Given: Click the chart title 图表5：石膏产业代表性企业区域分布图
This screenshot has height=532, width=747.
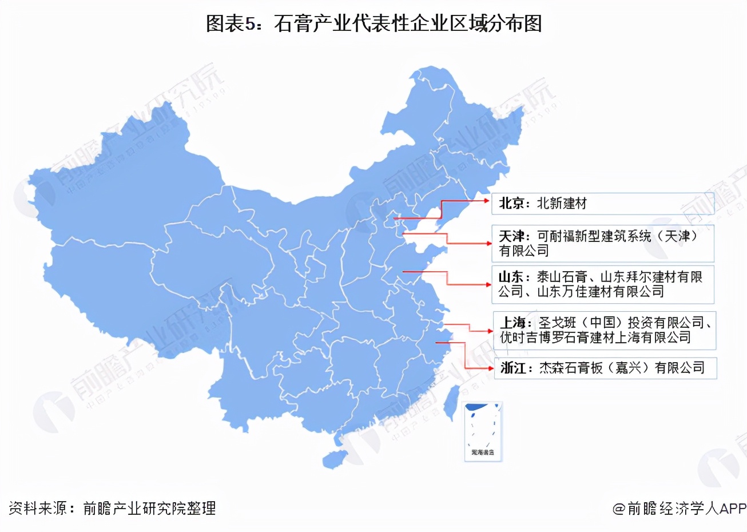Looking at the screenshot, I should pyautogui.click(x=373, y=23).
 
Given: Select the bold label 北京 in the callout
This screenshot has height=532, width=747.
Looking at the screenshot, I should pyautogui.click(x=511, y=204).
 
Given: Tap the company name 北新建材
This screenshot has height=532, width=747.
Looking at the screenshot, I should pyautogui.click(x=562, y=204).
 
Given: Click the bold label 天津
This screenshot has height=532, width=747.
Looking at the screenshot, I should pyautogui.click(x=511, y=236).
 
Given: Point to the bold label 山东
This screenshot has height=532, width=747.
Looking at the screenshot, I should pyautogui.click(x=511, y=277).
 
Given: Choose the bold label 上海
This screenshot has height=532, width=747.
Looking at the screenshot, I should pyautogui.click(x=512, y=323).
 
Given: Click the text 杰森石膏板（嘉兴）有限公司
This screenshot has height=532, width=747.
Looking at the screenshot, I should pyautogui.click(x=622, y=368).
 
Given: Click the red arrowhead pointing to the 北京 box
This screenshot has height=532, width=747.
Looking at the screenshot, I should pyautogui.click(x=487, y=201).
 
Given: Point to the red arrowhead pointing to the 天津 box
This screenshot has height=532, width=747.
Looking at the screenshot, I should pyautogui.click(x=487, y=244).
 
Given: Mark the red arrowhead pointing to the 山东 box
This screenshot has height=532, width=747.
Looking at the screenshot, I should pyautogui.click(x=487, y=284).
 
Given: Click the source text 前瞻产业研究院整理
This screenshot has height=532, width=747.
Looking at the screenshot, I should pyautogui.click(x=149, y=508).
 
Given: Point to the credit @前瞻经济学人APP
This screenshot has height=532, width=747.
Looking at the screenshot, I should pyautogui.click(x=680, y=508).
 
